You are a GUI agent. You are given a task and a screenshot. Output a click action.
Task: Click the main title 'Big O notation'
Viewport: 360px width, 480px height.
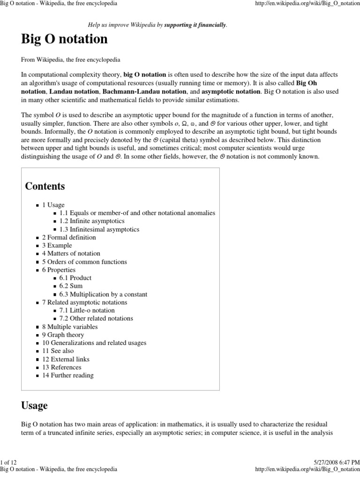64,39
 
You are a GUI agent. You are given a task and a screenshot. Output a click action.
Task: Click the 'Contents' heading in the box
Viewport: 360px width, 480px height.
45,186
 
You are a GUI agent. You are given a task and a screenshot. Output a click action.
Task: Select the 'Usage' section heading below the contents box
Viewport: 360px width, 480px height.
34,405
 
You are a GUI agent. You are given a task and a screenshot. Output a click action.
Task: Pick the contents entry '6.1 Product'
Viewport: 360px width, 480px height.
75,278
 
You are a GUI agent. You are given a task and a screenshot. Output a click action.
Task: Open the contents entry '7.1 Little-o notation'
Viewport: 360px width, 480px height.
87,310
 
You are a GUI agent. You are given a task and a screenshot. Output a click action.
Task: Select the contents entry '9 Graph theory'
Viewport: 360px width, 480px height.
63,335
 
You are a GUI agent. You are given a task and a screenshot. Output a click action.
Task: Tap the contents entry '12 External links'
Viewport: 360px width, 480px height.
66,359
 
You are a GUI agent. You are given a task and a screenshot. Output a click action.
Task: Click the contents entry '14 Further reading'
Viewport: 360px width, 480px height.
67,375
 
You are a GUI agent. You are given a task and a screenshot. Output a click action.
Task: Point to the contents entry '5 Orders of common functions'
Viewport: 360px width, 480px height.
84,262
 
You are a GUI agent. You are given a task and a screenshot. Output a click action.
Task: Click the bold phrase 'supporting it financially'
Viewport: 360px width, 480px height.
195,25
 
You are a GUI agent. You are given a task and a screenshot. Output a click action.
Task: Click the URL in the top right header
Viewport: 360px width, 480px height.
307,3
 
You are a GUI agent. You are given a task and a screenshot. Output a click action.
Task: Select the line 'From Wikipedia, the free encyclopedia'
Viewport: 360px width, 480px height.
70,60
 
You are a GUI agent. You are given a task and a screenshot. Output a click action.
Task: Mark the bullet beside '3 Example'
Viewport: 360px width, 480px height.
37,246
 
